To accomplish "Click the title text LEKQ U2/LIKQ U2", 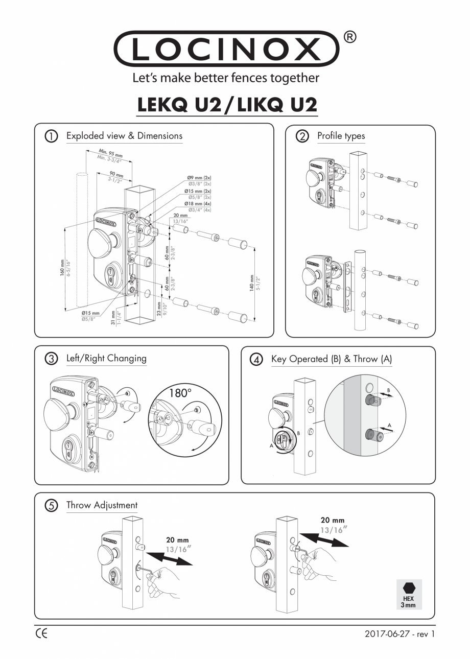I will click(228, 105).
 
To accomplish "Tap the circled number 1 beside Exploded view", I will click(51, 136).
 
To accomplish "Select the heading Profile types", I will click(341, 136).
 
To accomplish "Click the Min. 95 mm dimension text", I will click(109, 152).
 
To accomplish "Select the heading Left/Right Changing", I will click(106, 358).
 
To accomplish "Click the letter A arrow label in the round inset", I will click(390, 425).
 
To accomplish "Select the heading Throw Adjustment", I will click(102, 505).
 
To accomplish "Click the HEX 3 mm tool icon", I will click(409, 594).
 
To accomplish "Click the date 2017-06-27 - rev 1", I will click(400, 634).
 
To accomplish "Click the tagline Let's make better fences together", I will click(226, 78).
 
